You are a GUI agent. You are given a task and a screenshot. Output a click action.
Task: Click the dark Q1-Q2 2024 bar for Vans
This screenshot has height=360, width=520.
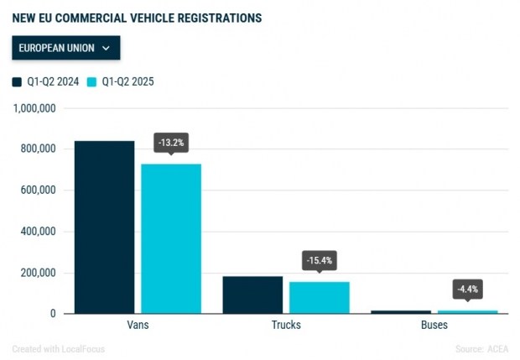pyautogui.click(x=104, y=227)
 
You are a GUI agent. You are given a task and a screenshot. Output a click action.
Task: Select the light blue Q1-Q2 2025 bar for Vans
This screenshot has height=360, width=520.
pyautogui.click(x=171, y=238)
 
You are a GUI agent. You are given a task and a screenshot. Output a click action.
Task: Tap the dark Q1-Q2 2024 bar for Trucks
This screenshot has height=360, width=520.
pyautogui.click(x=252, y=295)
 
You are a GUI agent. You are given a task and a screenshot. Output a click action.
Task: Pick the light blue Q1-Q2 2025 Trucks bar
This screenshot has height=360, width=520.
pyautogui.click(x=319, y=297)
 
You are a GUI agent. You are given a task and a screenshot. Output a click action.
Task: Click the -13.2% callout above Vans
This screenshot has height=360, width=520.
pyautogui.click(x=171, y=143)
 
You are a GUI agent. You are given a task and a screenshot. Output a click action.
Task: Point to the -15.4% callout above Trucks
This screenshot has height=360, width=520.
pyautogui.click(x=319, y=261)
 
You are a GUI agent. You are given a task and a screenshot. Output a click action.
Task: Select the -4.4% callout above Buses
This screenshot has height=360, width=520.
pyautogui.click(x=467, y=290)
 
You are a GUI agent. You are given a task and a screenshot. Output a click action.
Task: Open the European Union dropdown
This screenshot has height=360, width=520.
pyautogui.click(x=65, y=48)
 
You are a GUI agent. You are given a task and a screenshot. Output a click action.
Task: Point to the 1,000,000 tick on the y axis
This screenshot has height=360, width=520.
pyautogui.click(x=34, y=108)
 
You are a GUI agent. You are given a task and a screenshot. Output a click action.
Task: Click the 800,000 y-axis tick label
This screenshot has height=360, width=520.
pyautogui.click(x=36, y=149)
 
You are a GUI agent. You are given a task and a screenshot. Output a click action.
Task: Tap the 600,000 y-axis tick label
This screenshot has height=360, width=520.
pyautogui.click(x=36, y=190)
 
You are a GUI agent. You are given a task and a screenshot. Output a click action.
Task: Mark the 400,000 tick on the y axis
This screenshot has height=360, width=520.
pyautogui.click(x=36, y=232)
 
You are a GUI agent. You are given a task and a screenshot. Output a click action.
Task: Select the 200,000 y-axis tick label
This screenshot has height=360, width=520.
pyautogui.click(x=36, y=273)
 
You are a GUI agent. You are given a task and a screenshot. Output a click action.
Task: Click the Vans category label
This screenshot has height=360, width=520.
pyautogui.click(x=138, y=325)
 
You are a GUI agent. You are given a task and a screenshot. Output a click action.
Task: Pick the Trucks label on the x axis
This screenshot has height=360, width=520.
pyautogui.click(x=286, y=325)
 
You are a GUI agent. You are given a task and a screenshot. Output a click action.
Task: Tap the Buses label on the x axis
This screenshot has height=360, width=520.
pyautogui.click(x=434, y=325)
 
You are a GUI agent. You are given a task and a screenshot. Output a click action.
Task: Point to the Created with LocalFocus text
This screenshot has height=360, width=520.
pyautogui.click(x=58, y=348)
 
